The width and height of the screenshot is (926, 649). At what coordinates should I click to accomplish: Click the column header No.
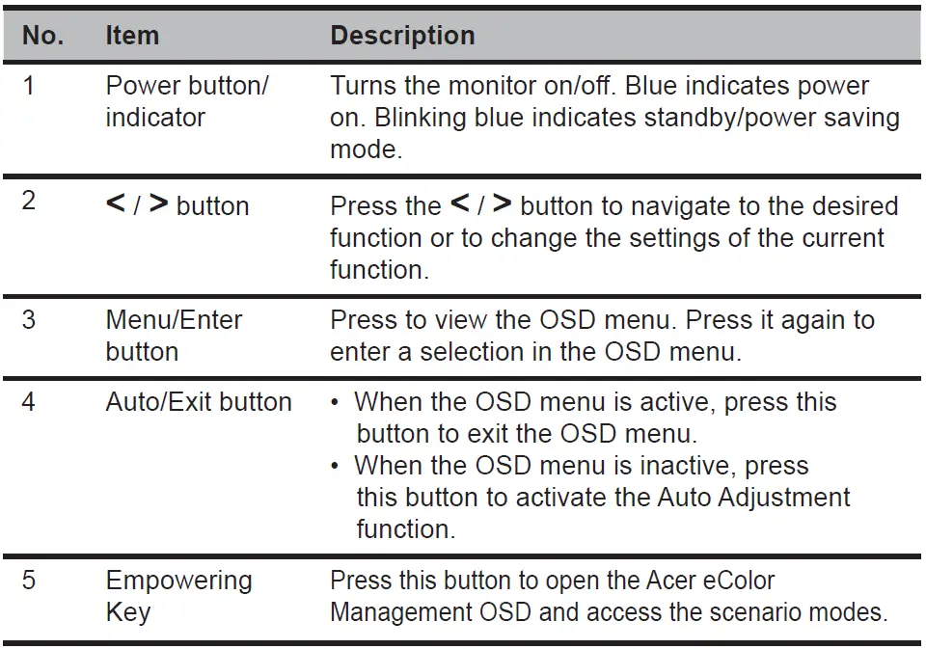pos(43,36)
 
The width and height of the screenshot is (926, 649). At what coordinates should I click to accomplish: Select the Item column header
pos(131,36)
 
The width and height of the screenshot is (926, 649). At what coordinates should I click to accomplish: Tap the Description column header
pos(402,36)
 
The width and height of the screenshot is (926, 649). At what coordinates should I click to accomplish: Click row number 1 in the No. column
pos(29,86)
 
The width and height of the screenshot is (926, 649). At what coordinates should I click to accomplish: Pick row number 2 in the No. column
pos(29,203)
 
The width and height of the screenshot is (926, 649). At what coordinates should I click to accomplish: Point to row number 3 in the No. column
pos(29,319)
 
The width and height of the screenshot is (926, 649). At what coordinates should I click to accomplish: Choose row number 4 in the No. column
pos(29,401)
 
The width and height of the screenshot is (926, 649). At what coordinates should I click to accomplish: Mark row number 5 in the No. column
pos(29,581)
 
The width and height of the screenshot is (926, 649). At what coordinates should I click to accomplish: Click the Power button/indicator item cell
pos(186,101)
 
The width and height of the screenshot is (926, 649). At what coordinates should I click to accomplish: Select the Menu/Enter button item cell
pos(174,335)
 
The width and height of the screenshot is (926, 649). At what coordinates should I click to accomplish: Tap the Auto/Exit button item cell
pos(198,401)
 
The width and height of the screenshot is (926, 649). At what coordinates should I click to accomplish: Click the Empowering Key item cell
pos(177,596)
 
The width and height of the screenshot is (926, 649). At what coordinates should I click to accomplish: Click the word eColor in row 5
pos(732,581)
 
